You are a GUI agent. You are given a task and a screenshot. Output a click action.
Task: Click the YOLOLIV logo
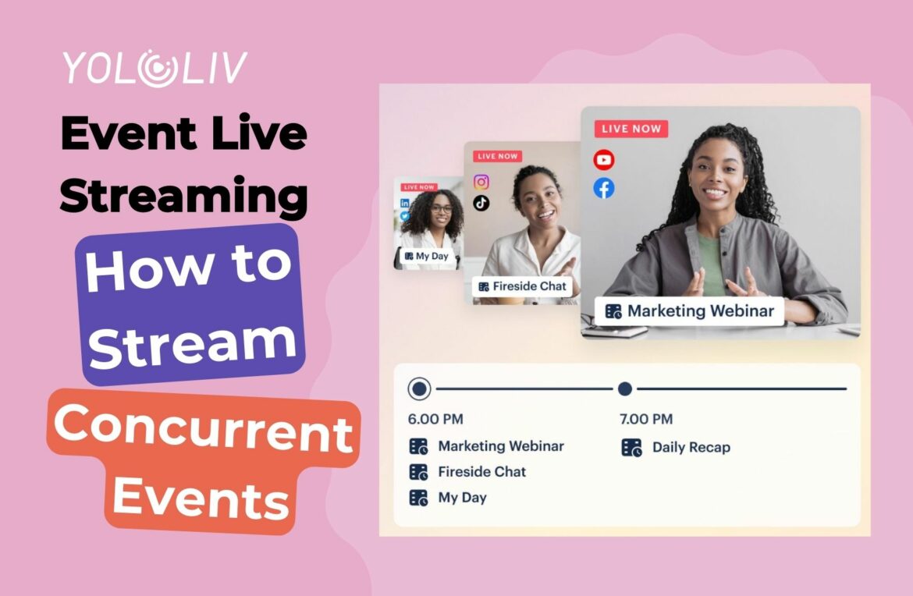tap(155, 69)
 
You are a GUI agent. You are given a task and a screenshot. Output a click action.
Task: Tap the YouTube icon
tap(603, 160)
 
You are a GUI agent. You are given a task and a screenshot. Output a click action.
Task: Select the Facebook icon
tap(603, 188)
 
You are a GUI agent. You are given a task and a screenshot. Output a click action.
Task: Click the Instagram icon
tap(481, 182)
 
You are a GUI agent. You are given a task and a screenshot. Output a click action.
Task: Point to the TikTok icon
tap(481, 203)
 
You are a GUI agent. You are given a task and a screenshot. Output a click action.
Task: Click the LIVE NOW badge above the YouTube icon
tap(631, 129)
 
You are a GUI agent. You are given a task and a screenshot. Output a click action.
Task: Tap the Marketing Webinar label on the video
tap(690, 311)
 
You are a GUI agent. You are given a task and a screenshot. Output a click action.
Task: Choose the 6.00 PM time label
tap(435, 420)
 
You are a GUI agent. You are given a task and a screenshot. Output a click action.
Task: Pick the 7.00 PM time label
tap(645, 420)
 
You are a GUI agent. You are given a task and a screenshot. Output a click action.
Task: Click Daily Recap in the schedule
tap(691, 448)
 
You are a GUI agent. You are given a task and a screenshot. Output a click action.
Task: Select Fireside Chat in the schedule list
tap(481, 472)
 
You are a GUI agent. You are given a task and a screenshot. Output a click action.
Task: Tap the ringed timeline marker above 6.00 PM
tap(420, 388)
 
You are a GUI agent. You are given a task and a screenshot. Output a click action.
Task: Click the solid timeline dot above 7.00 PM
tap(625, 388)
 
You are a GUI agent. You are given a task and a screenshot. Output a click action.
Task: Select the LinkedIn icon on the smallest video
tap(404, 203)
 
